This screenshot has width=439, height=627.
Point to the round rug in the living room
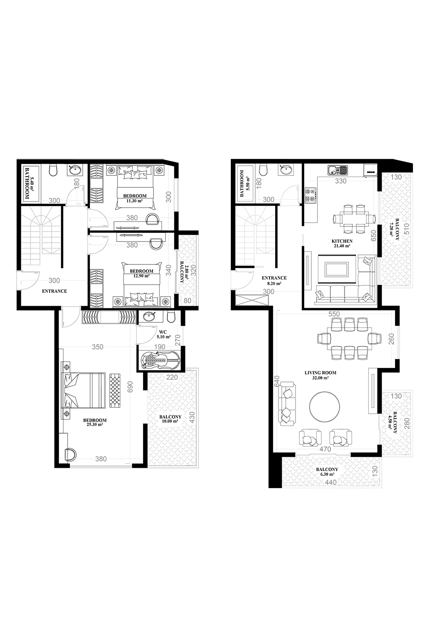click(x=324, y=406)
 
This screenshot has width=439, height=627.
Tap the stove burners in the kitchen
click(x=311, y=195)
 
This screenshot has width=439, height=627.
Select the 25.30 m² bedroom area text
click(x=95, y=424)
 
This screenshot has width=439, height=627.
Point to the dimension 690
click(x=130, y=386)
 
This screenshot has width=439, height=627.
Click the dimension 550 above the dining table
click(x=334, y=314)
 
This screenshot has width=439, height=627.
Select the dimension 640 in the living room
click(x=277, y=381)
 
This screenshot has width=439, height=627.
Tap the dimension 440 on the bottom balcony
click(x=331, y=482)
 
